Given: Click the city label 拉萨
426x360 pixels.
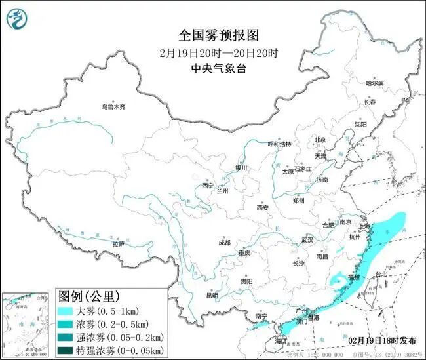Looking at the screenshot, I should coord(118,244).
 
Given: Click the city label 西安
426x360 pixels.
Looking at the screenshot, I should coord(263,208).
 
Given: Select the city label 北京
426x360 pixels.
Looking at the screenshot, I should coord(320,140).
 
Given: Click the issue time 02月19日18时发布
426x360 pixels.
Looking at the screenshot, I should coord(382,340).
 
